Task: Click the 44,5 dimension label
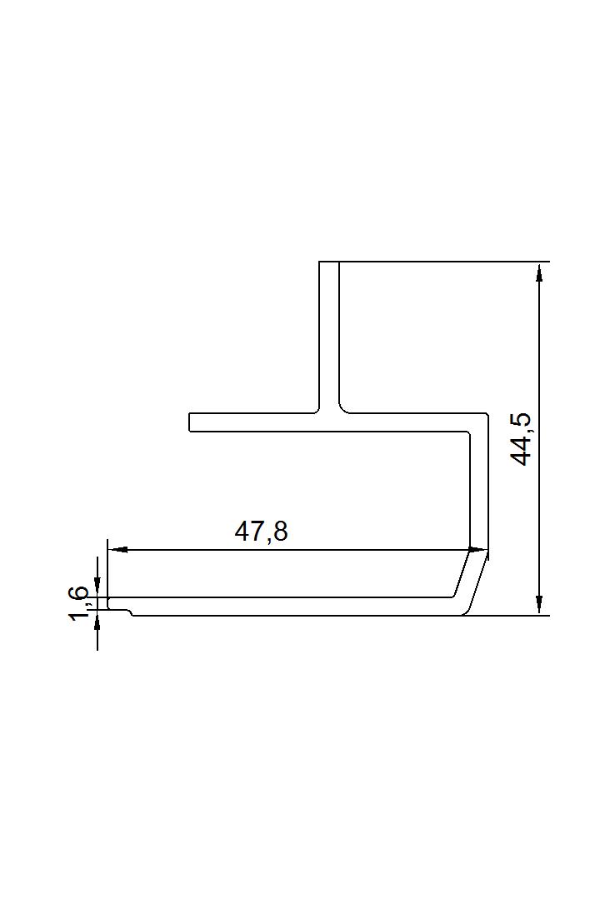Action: (x=521, y=439)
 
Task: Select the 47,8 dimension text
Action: (x=262, y=532)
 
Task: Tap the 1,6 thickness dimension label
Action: (x=80, y=604)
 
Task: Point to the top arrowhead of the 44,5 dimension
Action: (x=539, y=272)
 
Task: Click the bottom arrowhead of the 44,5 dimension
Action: (x=539, y=605)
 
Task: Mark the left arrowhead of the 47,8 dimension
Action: (x=117, y=550)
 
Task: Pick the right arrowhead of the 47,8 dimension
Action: (x=478, y=550)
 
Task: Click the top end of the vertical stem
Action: (x=329, y=262)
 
